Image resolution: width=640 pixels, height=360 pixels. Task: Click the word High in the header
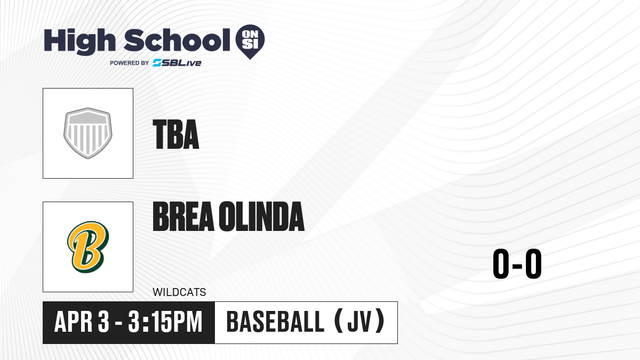point(79,42)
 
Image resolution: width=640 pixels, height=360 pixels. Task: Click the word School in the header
point(177,40)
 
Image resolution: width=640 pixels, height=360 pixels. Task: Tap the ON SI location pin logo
point(250,42)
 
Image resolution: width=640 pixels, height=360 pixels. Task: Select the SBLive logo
point(177,63)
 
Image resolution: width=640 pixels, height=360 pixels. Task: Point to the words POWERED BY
point(130,63)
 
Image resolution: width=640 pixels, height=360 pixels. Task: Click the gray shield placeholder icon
point(88,133)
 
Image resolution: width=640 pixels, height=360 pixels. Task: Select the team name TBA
point(175,134)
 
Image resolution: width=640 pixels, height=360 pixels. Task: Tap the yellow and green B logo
point(88,247)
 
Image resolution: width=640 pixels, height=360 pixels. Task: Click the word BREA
point(183,217)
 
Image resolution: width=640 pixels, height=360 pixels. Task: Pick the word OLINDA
point(262,217)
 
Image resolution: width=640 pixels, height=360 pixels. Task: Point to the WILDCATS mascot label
point(179,292)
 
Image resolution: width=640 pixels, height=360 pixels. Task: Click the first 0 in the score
point(501,263)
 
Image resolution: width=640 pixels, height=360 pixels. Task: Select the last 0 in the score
point(533,263)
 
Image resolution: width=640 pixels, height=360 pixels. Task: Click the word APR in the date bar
point(74,322)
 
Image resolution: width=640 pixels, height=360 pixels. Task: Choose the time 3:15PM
point(165,322)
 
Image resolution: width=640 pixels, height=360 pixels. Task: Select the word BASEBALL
point(275,322)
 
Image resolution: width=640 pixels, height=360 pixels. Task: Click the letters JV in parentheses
point(359,322)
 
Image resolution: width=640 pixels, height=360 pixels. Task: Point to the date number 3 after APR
point(103,322)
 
